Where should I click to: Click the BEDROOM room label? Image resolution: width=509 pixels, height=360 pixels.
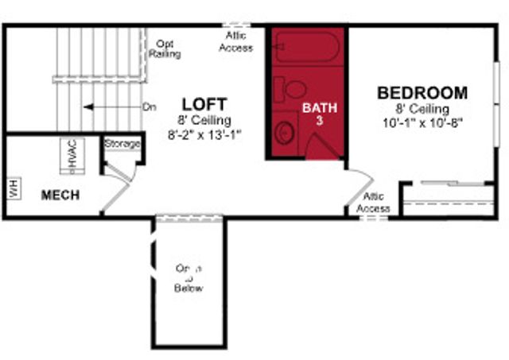coord(422,93)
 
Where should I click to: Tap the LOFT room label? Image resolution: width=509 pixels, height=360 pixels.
coord(204,104)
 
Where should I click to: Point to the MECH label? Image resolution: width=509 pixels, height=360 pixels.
coord(60,195)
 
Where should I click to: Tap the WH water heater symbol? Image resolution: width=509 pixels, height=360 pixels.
coord(13,188)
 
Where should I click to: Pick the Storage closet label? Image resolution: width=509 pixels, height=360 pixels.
coord(122,144)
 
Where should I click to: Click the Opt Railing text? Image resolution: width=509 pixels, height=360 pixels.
coord(165,49)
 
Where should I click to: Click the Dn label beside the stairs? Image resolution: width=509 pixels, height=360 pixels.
coord(149,106)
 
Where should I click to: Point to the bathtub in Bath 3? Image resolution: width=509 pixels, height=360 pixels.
coord(307,48)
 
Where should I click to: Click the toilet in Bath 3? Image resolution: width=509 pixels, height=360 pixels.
coord(294,88)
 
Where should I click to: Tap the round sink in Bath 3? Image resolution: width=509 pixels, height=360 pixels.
coord(284,132)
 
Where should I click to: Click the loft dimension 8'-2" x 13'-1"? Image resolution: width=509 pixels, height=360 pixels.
coord(204,135)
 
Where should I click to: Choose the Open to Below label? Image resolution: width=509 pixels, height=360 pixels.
coord(188,278)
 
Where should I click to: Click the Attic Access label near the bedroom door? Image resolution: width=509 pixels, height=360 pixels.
coord(373,203)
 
